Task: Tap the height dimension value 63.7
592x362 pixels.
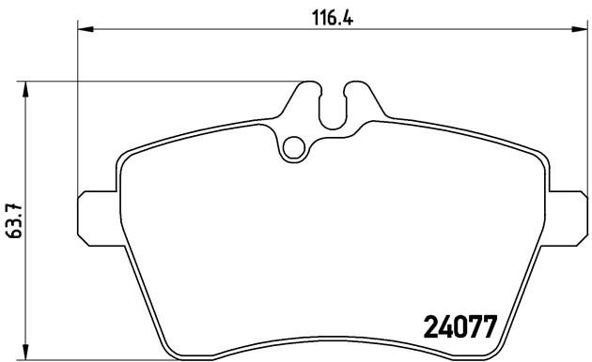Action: tap(13, 222)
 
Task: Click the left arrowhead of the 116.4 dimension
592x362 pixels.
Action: tap(84, 31)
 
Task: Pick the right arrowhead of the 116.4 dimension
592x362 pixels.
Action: tap(572, 31)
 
